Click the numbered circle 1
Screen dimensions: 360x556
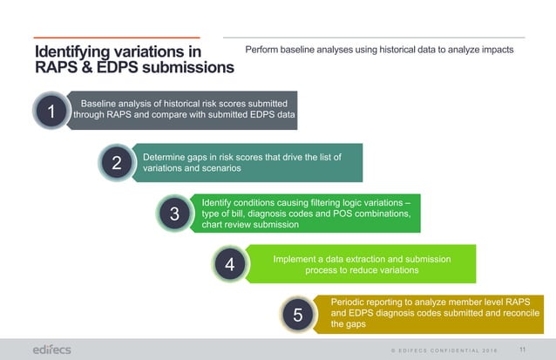tap(51, 112)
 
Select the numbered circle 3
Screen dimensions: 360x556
tap(174, 213)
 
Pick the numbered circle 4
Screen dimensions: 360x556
tap(229, 264)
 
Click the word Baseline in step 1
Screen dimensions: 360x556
tap(103, 103)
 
